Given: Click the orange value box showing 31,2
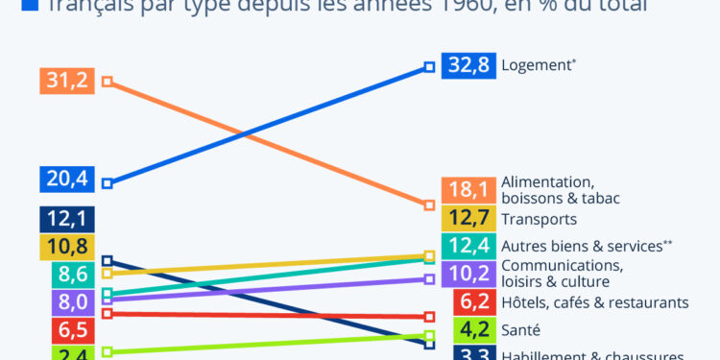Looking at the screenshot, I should [x=66, y=81].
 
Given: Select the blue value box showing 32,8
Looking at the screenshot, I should [x=468, y=66].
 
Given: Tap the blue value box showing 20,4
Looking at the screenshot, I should [x=66, y=179].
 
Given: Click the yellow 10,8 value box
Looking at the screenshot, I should [x=66, y=247].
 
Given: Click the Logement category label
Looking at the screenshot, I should [x=539, y=65].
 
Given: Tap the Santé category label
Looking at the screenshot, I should [x=521, y=330].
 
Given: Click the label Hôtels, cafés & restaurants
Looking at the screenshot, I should [x=595, y=302].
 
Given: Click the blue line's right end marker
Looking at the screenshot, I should [x=430, y=67].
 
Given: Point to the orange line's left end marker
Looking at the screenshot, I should [x=108, y=82].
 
